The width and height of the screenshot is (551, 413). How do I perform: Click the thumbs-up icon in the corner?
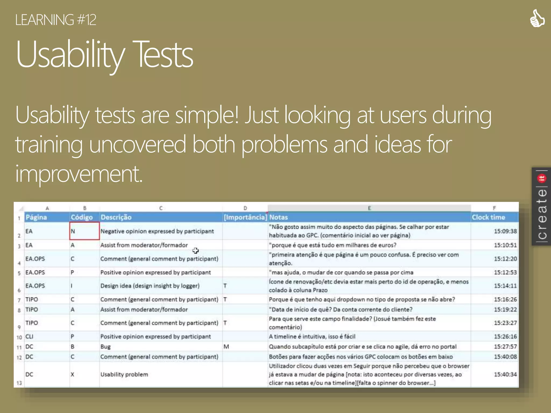(537, 18)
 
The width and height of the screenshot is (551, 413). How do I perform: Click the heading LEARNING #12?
(55, 20)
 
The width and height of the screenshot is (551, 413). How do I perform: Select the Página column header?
(36, 217)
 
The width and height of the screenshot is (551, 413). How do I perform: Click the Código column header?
(82, 217)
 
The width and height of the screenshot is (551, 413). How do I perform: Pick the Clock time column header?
(488, 217)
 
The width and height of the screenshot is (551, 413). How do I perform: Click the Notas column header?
(278, 217)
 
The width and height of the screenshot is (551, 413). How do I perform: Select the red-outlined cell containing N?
(84, 231)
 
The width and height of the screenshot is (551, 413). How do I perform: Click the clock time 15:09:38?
(505, 231)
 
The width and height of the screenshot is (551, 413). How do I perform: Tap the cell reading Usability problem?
(124, 374)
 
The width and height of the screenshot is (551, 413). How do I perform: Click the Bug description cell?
(105, 347)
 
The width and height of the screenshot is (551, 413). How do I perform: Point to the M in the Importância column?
(226, 347)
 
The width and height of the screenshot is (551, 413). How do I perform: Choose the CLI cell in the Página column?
(29, 336)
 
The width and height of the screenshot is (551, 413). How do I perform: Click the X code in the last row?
(72, 374)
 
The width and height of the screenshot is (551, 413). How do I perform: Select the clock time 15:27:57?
(505, 347)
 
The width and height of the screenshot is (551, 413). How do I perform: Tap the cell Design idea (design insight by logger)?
(150, 286)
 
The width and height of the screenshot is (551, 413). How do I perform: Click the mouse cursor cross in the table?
(196, 251)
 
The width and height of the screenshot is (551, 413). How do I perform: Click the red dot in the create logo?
(542, 178)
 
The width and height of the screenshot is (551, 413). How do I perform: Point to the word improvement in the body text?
(79, 174)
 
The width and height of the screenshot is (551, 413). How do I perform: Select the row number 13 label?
(19, 383)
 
